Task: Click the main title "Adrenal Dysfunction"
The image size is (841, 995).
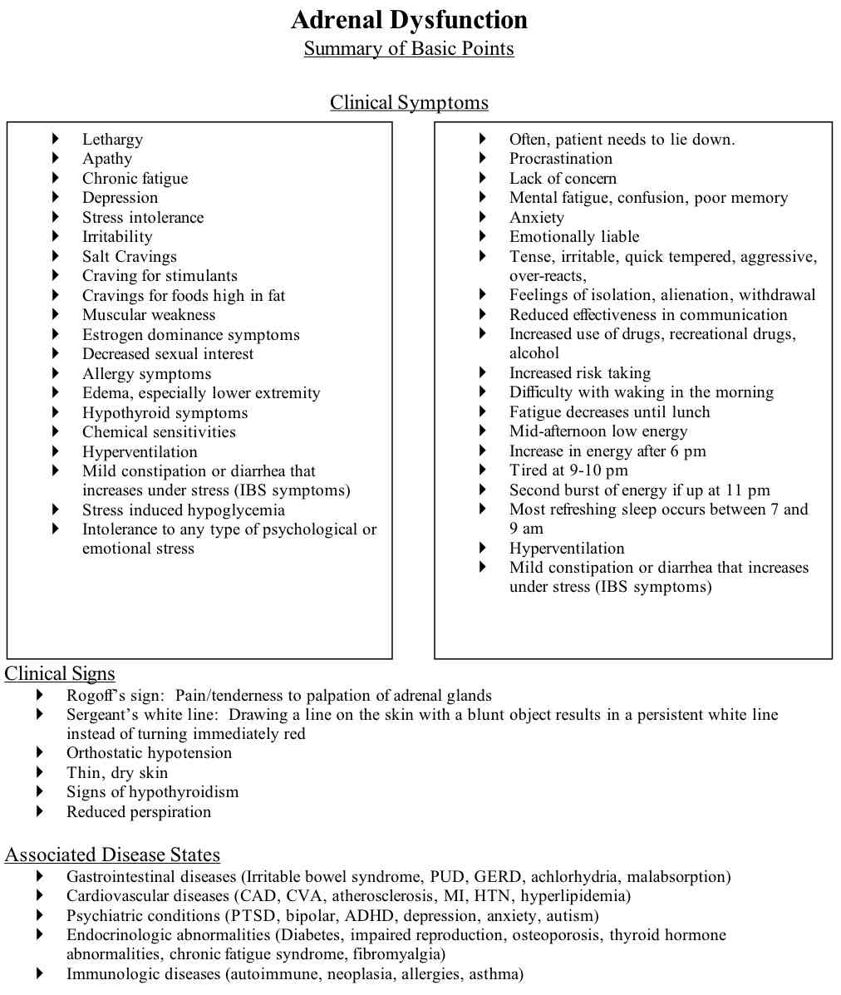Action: (x=409, y=20)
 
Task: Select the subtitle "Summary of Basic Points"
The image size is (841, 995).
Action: (x=409, y=49)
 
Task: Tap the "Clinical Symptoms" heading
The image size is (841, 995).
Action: (x=409, y=103)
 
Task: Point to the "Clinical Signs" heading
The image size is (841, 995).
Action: (x=60, y=673)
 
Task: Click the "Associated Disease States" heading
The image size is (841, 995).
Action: (x=112, y=855)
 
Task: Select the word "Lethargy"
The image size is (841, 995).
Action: (x=112, y=140)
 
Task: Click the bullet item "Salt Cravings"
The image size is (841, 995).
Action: (x=129, y=257)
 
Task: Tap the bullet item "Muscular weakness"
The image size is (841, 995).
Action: (x=149, y=315)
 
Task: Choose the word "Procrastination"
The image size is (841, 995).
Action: (x=560, y=159)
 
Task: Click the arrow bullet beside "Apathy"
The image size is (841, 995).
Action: (x=57, y=159)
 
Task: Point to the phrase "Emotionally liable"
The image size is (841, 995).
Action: (x=574, y=237)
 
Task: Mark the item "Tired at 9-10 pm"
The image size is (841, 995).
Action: (x=568, y=470)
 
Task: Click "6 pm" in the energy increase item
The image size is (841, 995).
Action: (x=687, y=451)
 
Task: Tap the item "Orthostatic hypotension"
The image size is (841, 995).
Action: (x=149, y=753)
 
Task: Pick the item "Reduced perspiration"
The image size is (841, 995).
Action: (x=139, y=812)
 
